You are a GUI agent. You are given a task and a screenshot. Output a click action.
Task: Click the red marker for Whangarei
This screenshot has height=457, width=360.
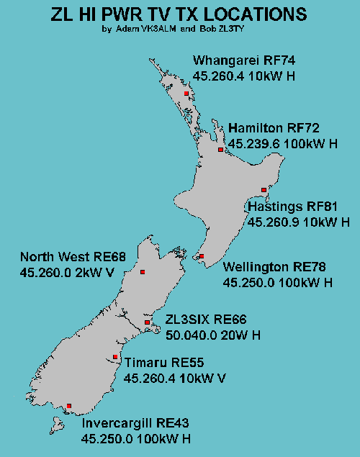coord(186,94)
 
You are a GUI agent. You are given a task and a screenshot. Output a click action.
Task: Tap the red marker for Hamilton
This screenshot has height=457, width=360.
coord(220,150)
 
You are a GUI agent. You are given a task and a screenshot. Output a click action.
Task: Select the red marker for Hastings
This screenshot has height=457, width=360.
coord(264,190)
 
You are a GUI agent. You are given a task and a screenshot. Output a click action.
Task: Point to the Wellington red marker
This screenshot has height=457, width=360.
coord(202,256)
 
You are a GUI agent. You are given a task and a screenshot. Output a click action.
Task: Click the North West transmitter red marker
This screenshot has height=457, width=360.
coord(143,271)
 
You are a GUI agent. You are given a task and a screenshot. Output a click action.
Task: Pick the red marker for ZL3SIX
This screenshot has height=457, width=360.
coord(147,322)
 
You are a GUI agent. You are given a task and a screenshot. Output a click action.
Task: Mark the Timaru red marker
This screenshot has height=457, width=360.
coord(115,356)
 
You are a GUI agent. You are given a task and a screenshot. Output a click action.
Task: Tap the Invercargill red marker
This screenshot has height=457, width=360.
coord(69,406)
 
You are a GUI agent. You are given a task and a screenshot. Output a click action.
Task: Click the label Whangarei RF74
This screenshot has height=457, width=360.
coord(244,60)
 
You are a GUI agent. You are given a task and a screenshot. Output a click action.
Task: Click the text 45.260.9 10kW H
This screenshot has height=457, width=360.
coord(299,222)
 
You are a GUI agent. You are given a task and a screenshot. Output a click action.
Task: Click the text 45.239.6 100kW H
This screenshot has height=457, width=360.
coord(282,144)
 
